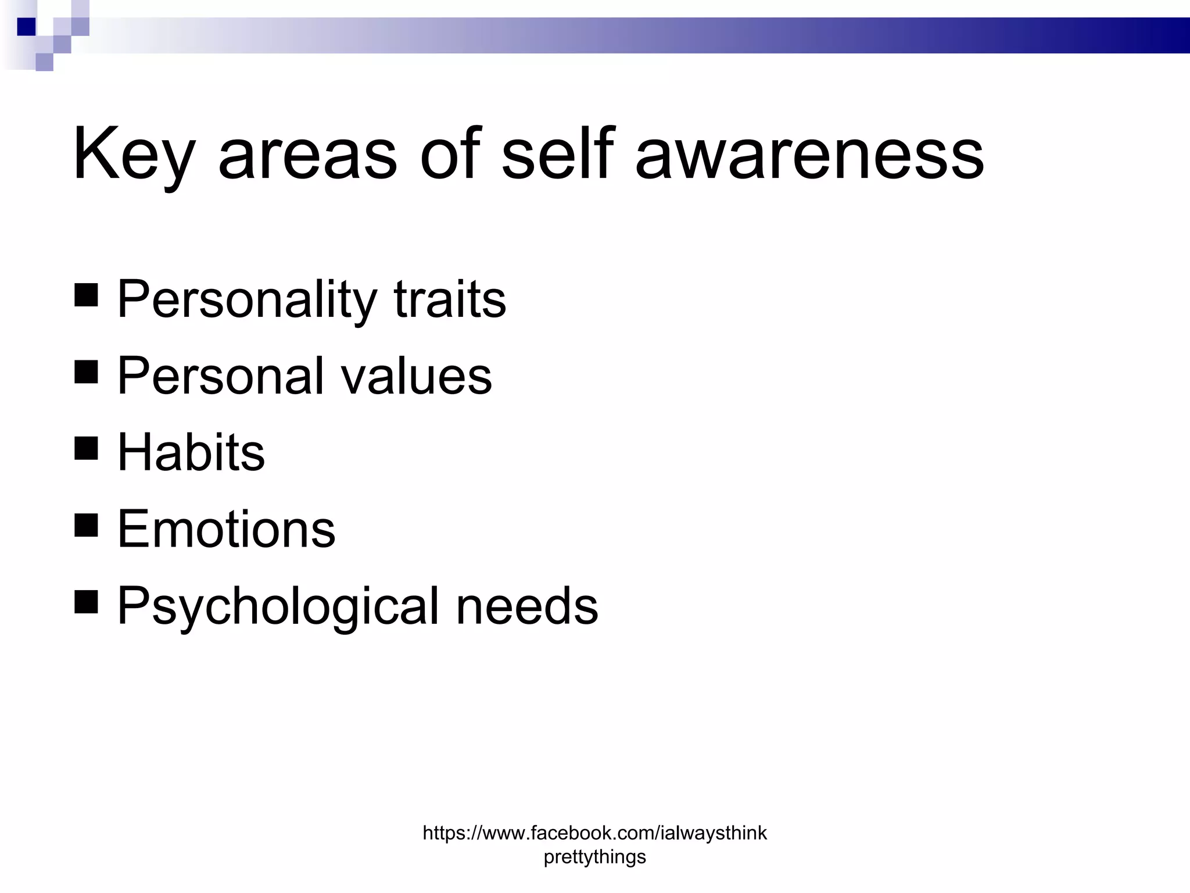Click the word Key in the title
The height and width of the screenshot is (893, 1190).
(132, 154)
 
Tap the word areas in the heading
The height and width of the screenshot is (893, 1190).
(307, 155)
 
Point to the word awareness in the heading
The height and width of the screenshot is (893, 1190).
(809, 155)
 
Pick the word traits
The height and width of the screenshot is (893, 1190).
(450, 299)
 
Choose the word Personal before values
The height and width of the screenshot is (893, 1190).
(221, 376)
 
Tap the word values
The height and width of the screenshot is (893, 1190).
(416, 377)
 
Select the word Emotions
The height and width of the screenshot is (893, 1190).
(227, 529)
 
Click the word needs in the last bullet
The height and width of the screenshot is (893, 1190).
(527, 606)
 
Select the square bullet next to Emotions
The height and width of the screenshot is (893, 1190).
(87, 525)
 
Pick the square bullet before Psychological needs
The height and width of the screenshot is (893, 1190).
(87, 602)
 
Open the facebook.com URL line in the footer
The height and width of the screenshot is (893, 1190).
(594, 833)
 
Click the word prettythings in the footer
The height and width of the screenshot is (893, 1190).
(594, 857)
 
